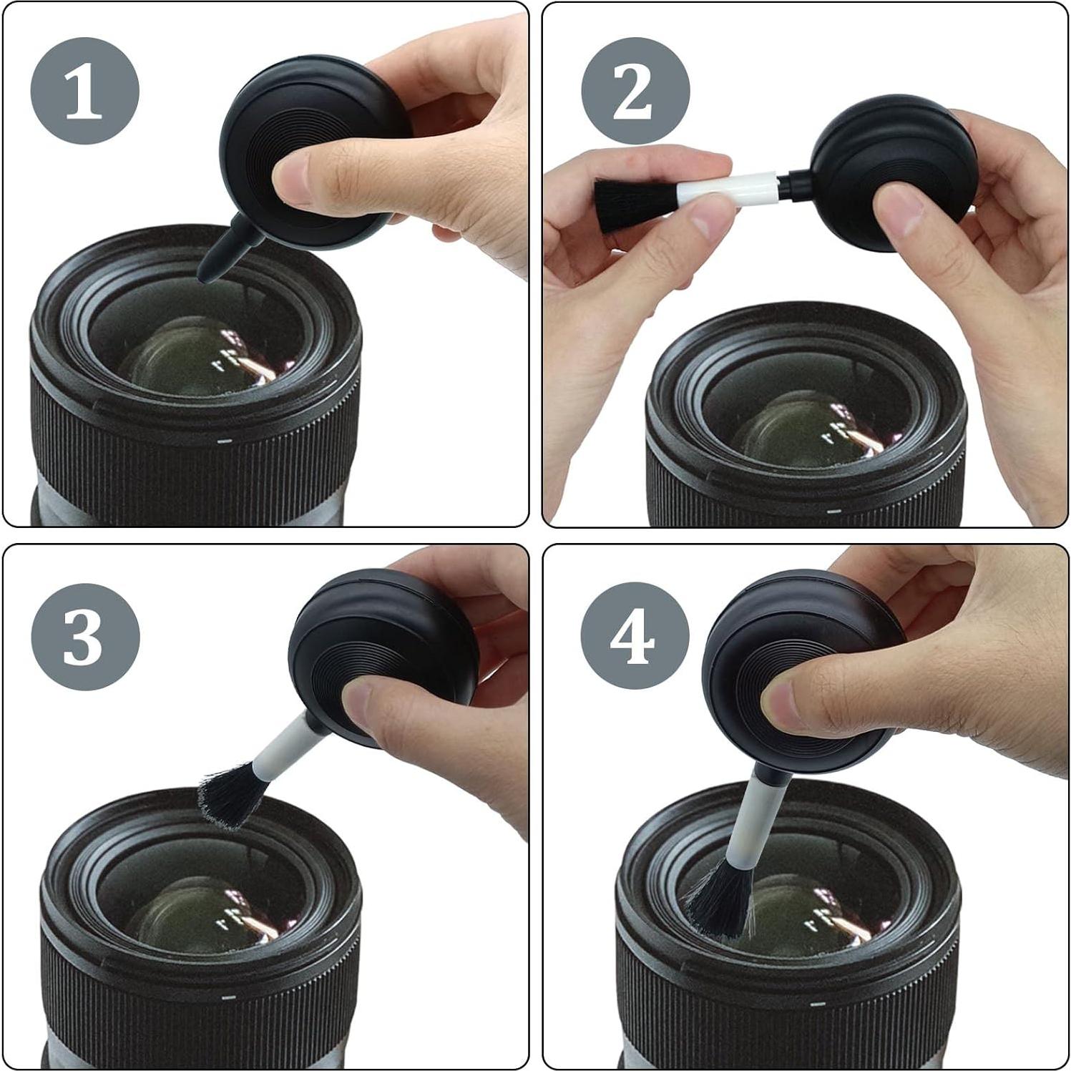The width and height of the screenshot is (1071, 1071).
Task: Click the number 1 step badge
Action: point(84,91)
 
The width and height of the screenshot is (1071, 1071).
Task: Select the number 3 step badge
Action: point(84,636)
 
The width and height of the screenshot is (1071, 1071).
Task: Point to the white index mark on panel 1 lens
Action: point(225,441)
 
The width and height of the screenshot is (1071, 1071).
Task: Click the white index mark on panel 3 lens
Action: point(230,995)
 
